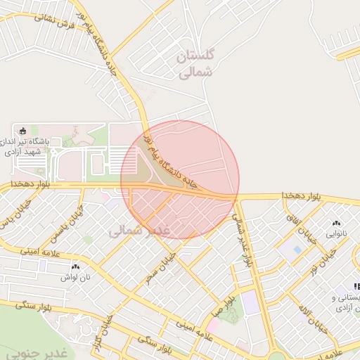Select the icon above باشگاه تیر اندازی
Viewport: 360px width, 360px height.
point(22,130)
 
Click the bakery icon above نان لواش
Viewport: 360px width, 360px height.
point(75,267)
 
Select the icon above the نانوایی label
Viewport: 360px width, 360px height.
point(336,221)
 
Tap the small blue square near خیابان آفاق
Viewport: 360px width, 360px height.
point(297,249)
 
